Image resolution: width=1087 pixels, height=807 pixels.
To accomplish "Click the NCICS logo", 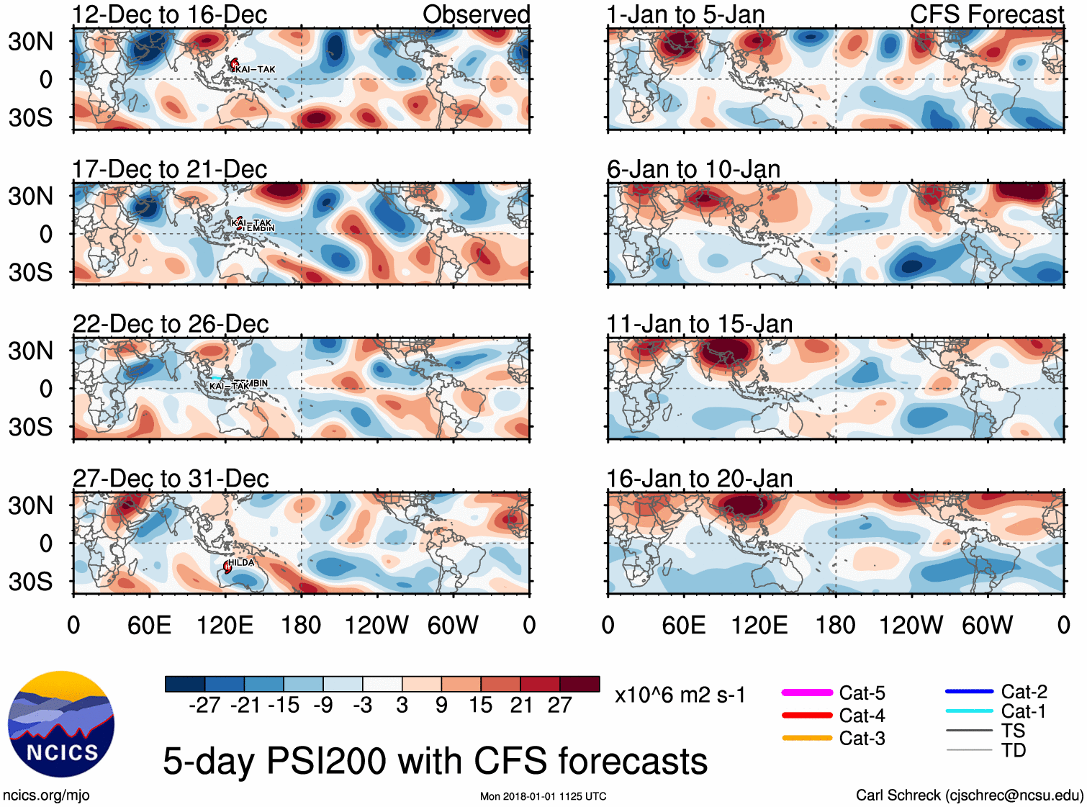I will click(x=61, y=724).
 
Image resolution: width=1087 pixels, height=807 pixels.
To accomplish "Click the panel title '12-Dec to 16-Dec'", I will click(x=170, y=14).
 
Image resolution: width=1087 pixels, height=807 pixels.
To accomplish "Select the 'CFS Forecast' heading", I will click(x=986, y=14).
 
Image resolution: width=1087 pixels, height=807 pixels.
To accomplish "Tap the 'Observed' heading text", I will click(x=476, y=14).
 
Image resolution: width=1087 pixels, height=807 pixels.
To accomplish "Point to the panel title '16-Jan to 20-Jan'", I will click(x=699, y=479).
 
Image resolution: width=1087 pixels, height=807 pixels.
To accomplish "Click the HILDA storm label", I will click(x=241, y=562).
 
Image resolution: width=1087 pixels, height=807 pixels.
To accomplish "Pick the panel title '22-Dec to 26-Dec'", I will click(x=171, y=324).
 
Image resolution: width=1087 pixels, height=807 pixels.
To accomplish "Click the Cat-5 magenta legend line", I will click(x=807, y=693).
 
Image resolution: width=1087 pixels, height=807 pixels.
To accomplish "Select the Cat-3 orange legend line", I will click(x=807, y=738).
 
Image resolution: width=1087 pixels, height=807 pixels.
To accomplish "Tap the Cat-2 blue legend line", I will click(x=969, y=692).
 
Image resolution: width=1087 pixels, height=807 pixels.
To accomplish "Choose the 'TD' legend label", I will click(x=1014, y=750).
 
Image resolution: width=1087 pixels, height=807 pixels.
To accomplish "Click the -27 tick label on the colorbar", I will click(x=204, y=705).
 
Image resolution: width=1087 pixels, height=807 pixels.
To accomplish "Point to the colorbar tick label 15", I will click(x=480, y=705).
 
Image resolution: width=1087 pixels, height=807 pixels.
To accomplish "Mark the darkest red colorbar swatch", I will click(x=579, y=684).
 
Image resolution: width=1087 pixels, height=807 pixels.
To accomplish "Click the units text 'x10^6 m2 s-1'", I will click(x=680, y=695).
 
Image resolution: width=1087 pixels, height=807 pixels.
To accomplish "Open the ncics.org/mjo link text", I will click(x=46, y=795).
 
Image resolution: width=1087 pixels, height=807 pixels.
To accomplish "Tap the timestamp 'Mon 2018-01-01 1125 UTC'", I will click(x=543, y=796).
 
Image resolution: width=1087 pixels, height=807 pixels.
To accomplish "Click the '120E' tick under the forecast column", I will click(x=759, y=625).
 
